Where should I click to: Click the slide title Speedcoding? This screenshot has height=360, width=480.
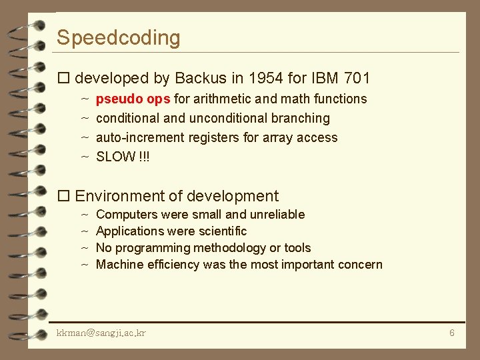click(118, 38)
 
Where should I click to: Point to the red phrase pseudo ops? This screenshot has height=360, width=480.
click(133, 99)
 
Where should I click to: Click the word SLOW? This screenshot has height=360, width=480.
click(115, 157)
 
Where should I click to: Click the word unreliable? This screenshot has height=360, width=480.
click(277, 215)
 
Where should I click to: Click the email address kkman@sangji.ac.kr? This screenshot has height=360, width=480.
click(101, 333)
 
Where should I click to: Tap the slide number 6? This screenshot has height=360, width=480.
click(451, 333)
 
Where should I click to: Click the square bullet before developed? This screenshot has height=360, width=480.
click(64, 79)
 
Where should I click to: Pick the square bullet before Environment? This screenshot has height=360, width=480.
click(64, 196)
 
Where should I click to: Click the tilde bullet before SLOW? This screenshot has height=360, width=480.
click(85, 157)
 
